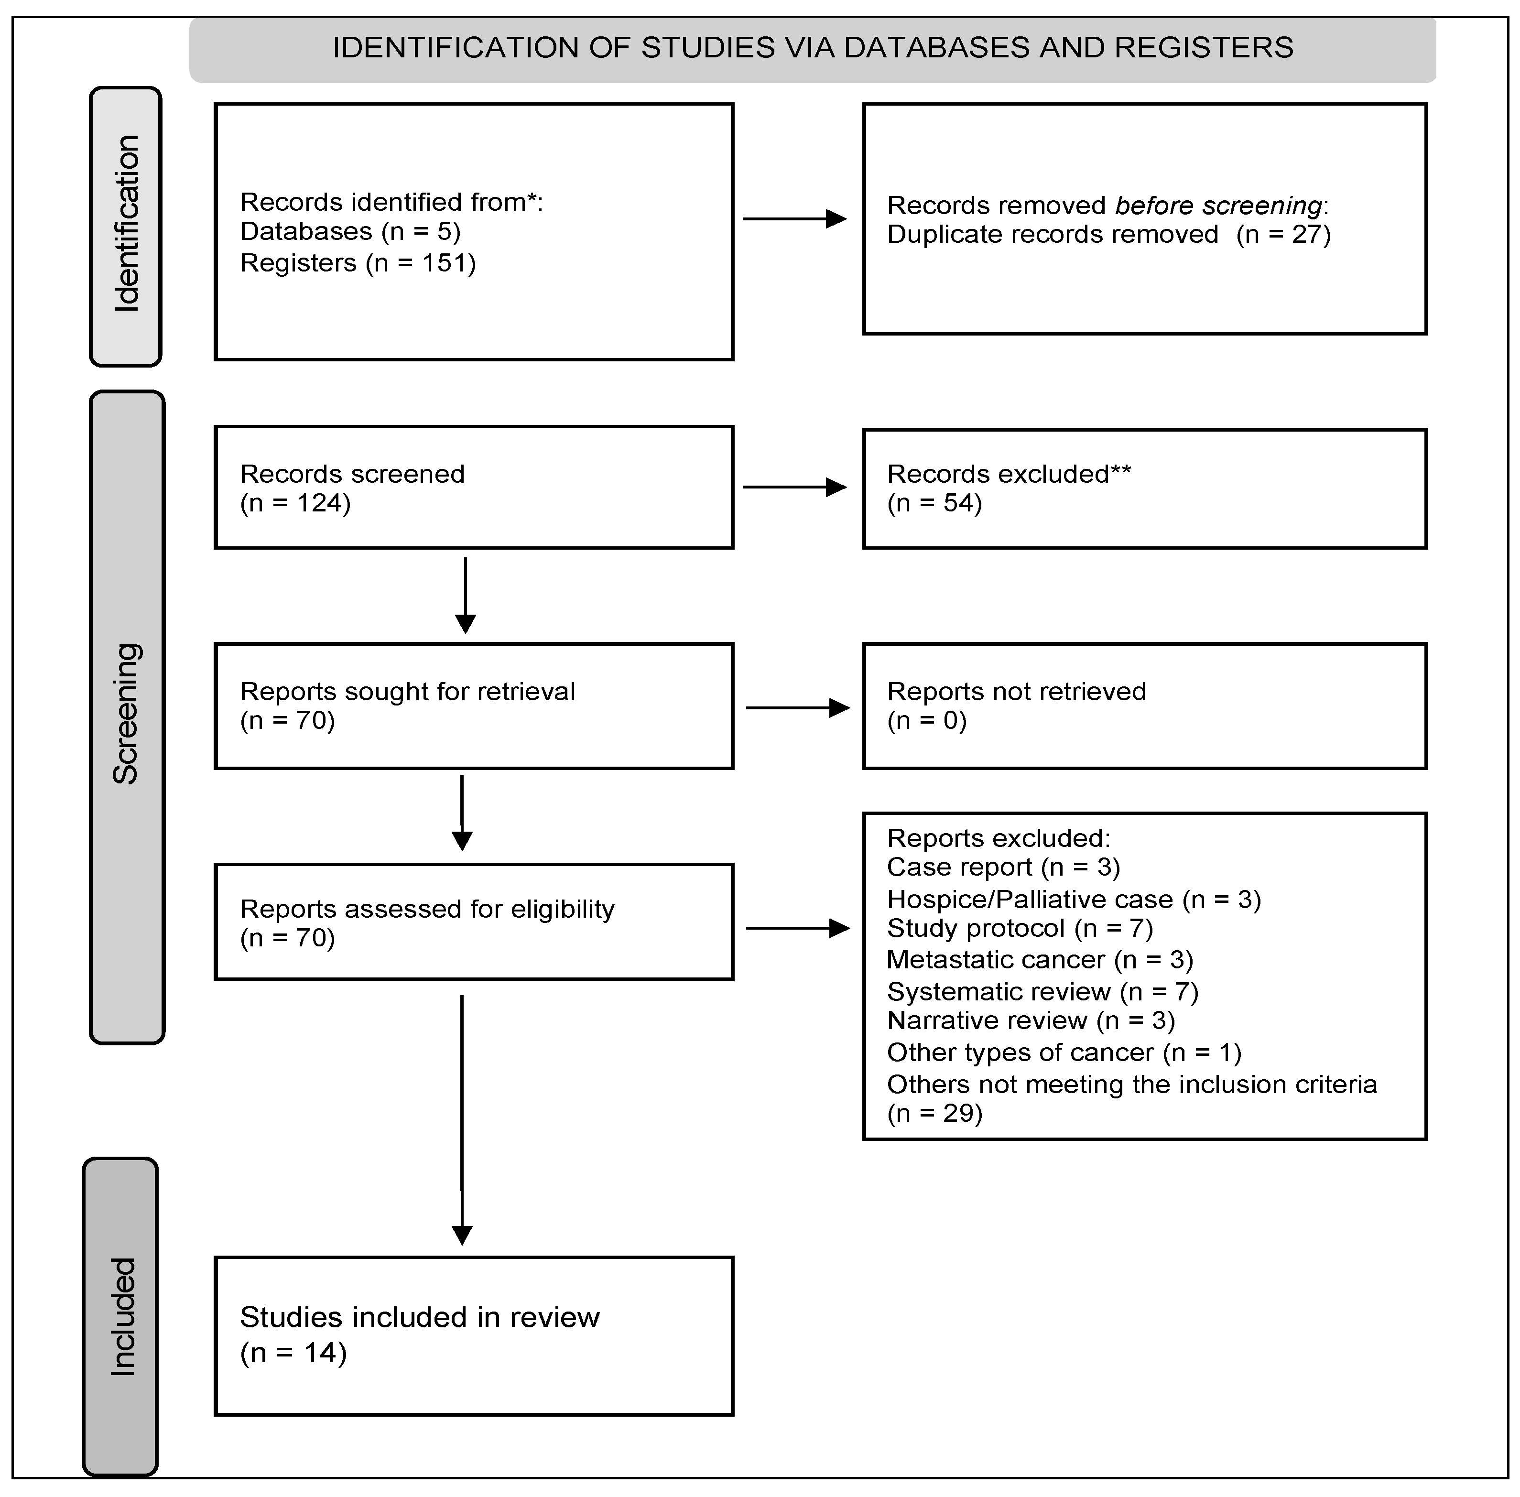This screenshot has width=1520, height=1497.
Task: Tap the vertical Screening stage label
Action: (x=126, y=714)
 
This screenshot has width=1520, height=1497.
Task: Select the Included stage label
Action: (x=122, y=1316)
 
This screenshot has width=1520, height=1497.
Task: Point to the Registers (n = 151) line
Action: (x=358, y=262)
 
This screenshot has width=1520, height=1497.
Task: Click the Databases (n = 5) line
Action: (x=350, y=231)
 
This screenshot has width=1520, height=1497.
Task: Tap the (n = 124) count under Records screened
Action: (x=295, y=503)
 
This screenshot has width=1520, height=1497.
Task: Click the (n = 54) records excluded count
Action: (x=934, y=503)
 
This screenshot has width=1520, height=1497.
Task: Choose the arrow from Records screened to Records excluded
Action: (x=794, y=488)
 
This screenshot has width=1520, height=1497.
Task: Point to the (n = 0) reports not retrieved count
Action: (x=926, y=720)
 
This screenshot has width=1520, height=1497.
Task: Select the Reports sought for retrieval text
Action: (x=407, y=691)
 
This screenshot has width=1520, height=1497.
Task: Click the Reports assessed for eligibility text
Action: (x=427, y=909)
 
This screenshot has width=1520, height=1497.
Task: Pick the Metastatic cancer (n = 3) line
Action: (x=1040, y=960)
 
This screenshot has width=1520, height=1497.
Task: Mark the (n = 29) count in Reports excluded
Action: (x=934, y=1113)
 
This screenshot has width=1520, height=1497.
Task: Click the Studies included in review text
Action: (x=419, y=1317)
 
